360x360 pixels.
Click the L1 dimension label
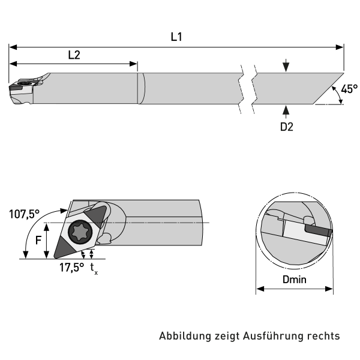[x=176, y=37]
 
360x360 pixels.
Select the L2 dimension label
[x=74, y=55]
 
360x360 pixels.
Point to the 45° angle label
[x=349, y=89]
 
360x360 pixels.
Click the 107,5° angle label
[x=25, y=214]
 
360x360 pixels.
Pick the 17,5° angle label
[x=71, y=268]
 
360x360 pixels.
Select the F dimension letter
[x=38, y=240]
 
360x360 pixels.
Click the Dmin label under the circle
[x=294, y=280]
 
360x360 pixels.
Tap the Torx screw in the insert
[x=79, y=230]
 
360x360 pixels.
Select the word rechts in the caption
[x=324, y=336]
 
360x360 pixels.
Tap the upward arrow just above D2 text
[x=286, y=110]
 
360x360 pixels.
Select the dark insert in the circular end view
[x=317, y=229]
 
